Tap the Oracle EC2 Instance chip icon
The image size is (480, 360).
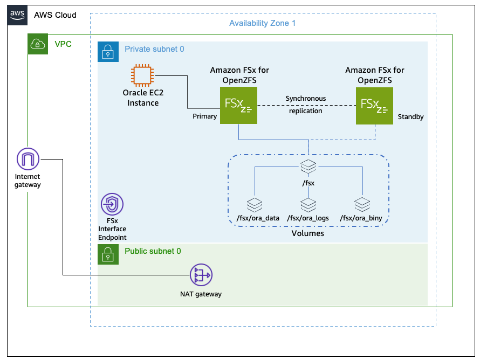[143, 75]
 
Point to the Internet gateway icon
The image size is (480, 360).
[28, 160]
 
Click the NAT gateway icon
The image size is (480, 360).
[201, 276]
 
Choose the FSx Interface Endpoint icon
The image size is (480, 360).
[112, 204]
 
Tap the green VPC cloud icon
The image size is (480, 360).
[38, 44]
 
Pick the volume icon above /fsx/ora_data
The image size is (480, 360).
[254, 205]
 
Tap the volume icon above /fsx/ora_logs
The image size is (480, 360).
[308, 205]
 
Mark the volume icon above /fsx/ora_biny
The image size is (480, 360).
[361, 205]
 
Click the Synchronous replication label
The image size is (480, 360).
[306, 105]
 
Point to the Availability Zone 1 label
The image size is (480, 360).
[262, 23]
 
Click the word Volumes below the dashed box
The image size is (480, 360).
[308, 233]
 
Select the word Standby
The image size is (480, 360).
[410, 116]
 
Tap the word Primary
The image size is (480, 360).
[204, 116]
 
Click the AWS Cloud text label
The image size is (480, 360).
[55, 15]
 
